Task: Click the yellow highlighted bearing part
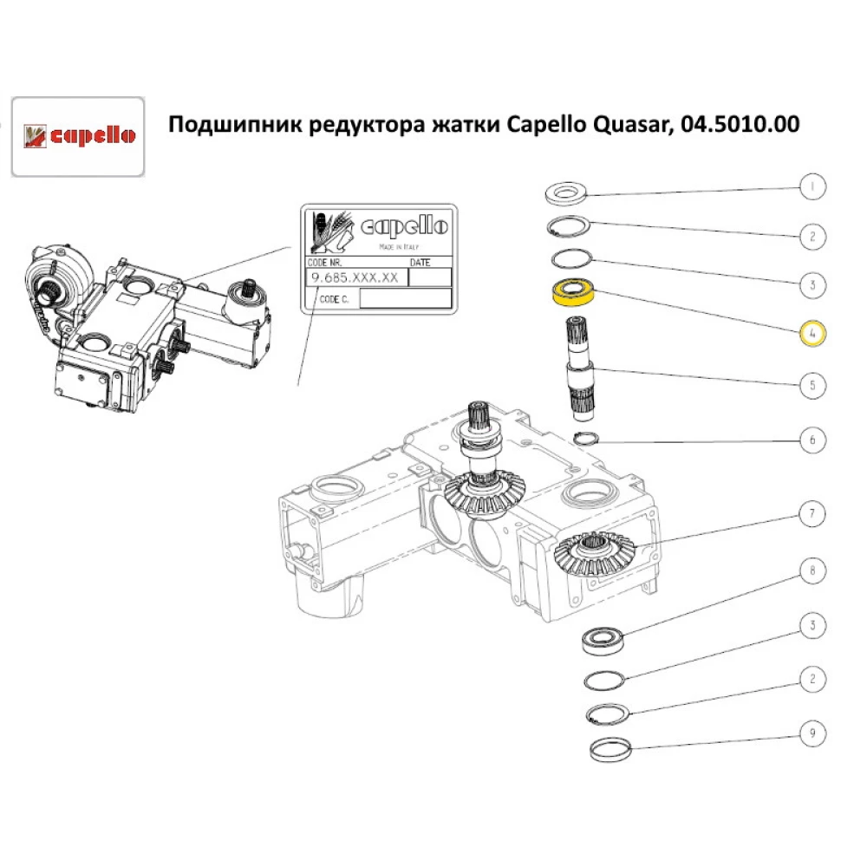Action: pyautogui.click(x=573, y=293)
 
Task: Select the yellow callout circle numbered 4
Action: pyautogui.click(x=812, y=332)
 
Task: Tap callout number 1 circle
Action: pyautogui.click(x=812, y=186)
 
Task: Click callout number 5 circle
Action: pyautogui.click(x=812, y=384)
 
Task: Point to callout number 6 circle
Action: pyautogui.click(x=812, y=440)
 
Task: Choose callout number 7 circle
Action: pyautogui.click(x=812, y=514)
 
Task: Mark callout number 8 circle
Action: pyautogui.click(x=812, y=571)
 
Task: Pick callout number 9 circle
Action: pyautogui.click(x=812, y=735)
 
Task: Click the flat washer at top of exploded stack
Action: pyautogui.click(x=567, y=192)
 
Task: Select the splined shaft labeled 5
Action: pyautogui.click(x=578, y=364)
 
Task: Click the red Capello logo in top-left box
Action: pyautogui.click(x=77, y=136)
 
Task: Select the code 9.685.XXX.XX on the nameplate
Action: pyautogui.click(x=355, y=277)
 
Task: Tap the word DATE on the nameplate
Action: pyautogui.click(x=420, y=262)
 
